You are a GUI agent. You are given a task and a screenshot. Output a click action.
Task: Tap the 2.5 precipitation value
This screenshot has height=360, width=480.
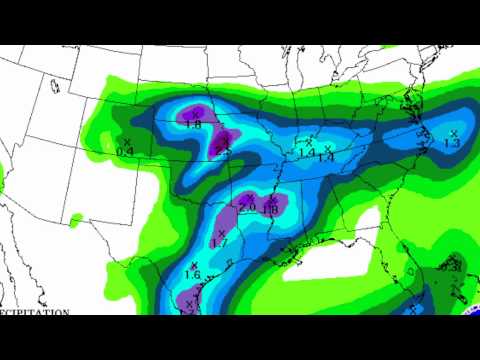pyautogui.click(x=223, y=150)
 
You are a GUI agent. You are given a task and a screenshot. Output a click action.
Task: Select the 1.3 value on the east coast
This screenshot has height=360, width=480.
pyautogui.click(x=451, y=144)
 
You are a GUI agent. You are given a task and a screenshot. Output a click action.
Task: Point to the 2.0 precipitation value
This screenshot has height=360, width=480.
pyautogui.click(x=247, y=208)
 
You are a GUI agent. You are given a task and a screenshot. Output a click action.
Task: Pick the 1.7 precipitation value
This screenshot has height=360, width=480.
pyautogui.click(x=221, y=242)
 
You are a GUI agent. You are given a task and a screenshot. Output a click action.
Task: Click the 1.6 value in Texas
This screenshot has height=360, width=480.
pyautogui.click(x=193, y=274)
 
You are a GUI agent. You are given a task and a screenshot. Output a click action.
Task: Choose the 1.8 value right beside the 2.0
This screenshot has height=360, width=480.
pyautogui.click(x=270, y=209)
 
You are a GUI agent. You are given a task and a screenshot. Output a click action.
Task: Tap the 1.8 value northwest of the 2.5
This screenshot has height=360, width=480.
pyautogui.click(x=193, y=125)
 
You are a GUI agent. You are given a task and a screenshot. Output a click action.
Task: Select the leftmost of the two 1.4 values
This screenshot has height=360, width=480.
pyautogui.click(x=306, y=153)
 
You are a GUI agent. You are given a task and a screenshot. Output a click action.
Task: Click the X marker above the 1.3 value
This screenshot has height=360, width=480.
pyautogui.click(x=453, y=133)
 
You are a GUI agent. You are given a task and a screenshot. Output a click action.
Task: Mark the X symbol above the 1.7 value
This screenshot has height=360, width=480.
pyautogui.click(x=221, y=232)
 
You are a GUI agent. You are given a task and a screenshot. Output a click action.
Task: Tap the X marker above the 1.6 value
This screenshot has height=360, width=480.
pyautogui.click(x=193, y=264)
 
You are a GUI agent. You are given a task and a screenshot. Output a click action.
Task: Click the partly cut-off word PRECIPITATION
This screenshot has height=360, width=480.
pyautogui.click(x=34, y=311)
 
